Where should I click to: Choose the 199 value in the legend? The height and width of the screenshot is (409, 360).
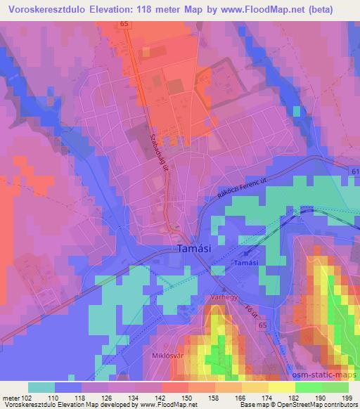pos(347,398)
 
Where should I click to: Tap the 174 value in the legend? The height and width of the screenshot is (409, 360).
pos(265,398)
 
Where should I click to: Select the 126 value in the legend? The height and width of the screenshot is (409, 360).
pos(106,398)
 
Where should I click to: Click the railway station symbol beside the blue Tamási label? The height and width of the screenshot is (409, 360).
pos(247,254)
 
